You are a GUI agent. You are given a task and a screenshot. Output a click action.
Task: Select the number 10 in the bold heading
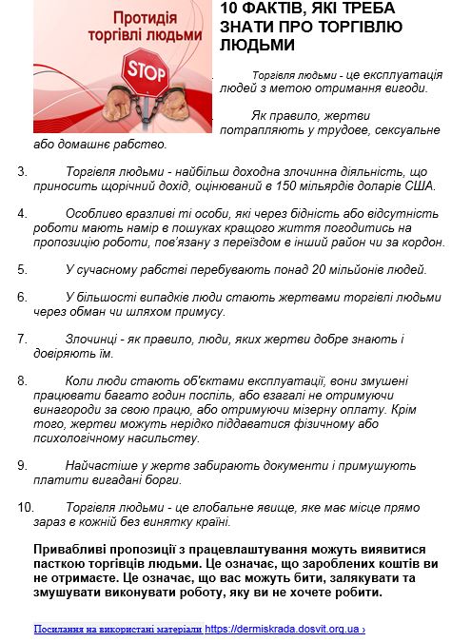click(x=228, y=10)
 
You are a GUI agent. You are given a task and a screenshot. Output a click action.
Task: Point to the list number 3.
click(x=22, y=171)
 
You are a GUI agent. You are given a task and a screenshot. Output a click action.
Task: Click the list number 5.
click(x=22, y=269)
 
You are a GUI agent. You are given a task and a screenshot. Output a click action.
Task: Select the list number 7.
click(x=22, y=338)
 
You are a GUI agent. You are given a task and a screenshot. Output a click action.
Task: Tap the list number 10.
click(x=26, y=507)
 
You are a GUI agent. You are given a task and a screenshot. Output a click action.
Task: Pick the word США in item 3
click(x=416, y=186)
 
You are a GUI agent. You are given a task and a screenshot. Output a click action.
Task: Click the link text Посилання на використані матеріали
click(x=118, y=630)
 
